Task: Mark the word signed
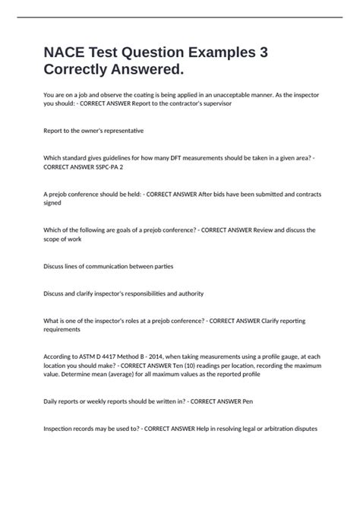coord(53,203)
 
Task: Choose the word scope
coord(52,239)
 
